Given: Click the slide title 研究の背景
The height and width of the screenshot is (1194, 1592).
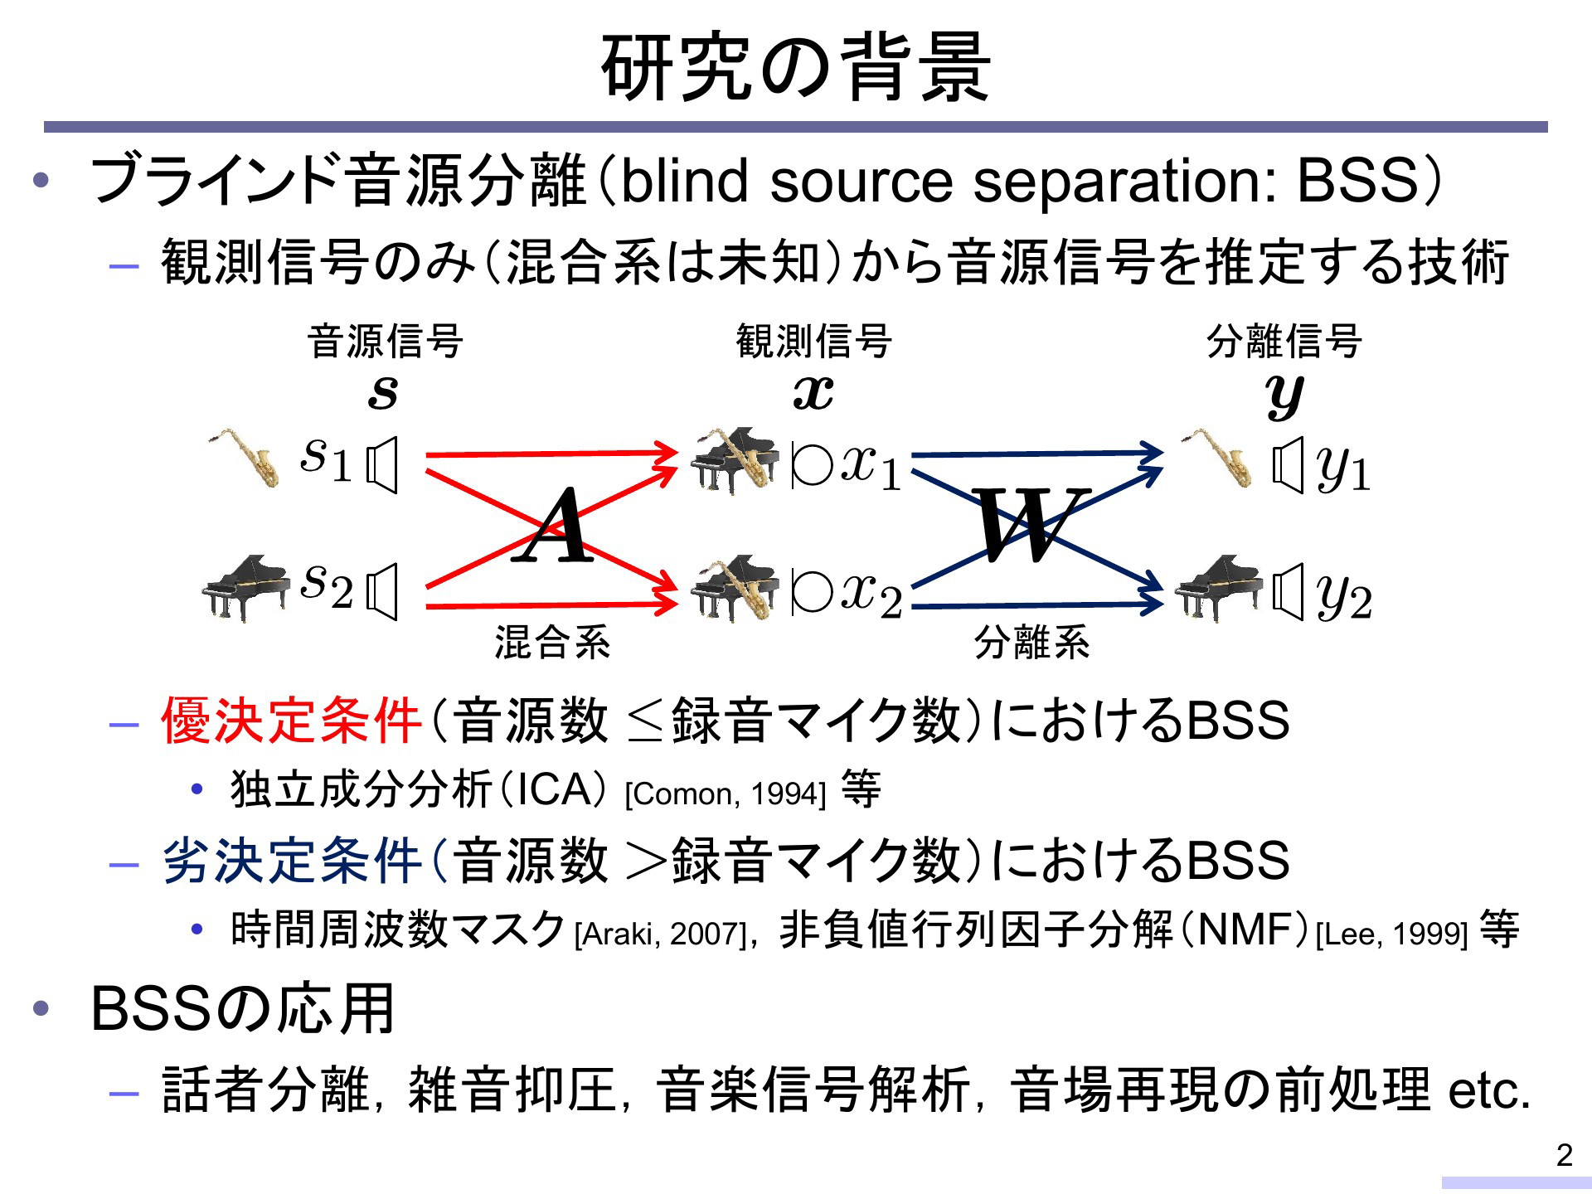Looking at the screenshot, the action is (796, 68).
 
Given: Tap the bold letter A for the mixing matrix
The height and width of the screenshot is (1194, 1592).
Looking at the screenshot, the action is (554, 526).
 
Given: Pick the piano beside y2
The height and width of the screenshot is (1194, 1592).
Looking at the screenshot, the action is (1219, 587).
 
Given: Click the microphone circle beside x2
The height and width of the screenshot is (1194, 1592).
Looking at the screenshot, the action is (812, 592).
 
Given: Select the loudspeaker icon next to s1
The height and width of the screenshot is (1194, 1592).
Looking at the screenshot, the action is (382, 465).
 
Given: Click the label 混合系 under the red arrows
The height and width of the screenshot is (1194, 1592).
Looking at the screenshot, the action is (552, 643).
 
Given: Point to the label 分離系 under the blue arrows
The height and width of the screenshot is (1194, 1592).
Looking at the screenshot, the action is (1031, 643).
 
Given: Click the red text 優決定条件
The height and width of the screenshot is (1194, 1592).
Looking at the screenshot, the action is (292, 720).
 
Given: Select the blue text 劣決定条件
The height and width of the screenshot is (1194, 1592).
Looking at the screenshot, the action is (292, 860).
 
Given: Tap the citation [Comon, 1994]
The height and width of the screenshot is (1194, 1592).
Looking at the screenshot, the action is (726, 794).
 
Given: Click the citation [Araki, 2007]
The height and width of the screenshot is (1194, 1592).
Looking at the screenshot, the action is (661, 934).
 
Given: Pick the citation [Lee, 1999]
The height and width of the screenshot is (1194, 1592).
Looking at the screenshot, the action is (1391, 934).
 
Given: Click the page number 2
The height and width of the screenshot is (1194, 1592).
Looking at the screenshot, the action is (1564, 1155).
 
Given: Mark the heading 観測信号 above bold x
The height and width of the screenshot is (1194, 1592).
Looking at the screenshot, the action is (813, 341).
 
